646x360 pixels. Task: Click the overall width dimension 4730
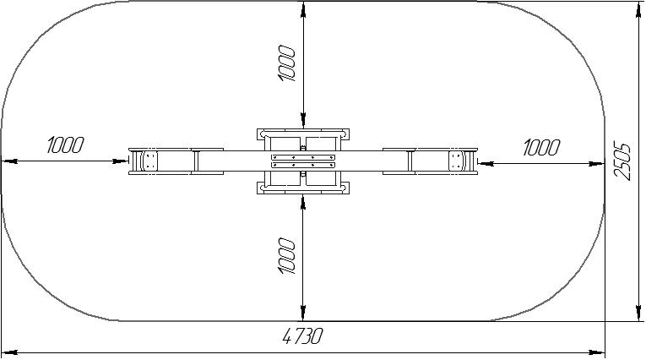tap(302, 336)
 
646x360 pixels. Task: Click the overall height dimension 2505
tap(622, 161)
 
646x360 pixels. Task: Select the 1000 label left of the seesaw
tap(66, 145)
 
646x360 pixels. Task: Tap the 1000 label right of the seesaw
tap(542, 147)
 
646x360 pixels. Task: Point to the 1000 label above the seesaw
tap(287, 63)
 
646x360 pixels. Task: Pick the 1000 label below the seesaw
tap(287, 256)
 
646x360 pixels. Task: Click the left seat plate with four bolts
tap(150, 161)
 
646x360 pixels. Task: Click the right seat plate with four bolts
tap(456, 161)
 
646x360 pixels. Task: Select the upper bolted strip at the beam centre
tap(303, 157)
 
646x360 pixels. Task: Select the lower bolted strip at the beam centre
tap(303, 165)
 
